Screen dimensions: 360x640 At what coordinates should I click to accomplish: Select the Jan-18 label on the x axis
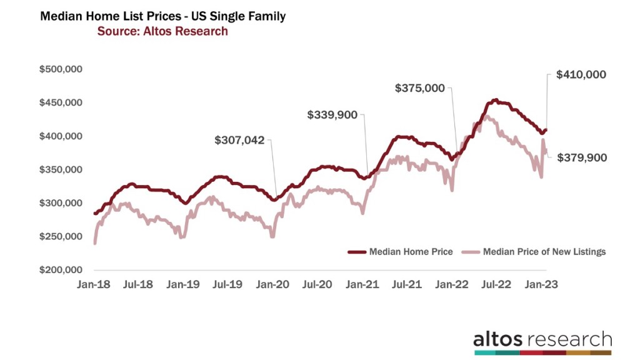[94, 284]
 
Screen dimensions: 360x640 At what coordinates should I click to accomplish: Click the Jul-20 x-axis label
[317, 284]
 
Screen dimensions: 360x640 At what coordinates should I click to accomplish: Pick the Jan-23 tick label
[541, 284]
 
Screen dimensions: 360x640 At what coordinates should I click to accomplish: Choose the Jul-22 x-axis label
[496, 284]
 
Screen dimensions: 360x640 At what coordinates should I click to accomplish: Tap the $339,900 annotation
[333, 115]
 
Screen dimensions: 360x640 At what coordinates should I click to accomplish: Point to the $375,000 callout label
[420, 89]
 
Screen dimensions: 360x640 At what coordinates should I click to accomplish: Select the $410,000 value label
[581, 74]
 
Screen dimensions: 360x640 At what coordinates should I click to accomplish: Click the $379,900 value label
[581, 158]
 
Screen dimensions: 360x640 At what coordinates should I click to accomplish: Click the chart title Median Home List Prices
[162, 17]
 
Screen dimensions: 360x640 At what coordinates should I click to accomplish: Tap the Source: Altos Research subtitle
[162, 31]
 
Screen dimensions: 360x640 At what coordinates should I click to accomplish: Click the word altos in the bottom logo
[499, 339]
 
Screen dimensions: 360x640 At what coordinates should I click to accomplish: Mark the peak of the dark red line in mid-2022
[495, 99]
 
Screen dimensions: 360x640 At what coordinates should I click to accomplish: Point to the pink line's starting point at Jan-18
[94, 243]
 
